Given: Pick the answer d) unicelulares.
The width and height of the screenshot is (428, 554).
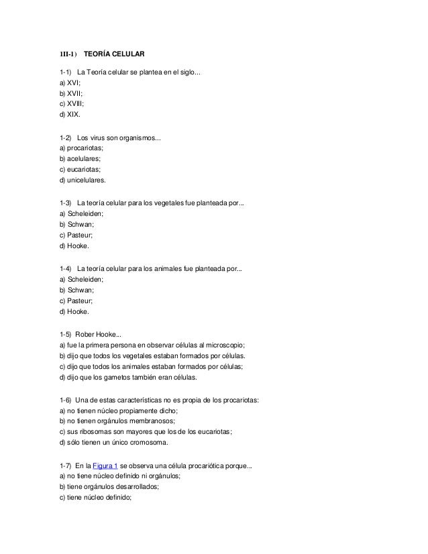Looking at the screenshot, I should (x=87, y=180).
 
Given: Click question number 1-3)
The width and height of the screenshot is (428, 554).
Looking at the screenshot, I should (x=66, y=203).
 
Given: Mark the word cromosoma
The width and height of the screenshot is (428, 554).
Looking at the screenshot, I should (x=148, y=443).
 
